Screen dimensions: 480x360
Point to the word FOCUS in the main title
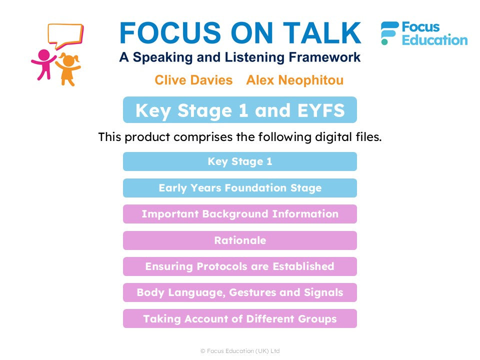[x=170, y=33]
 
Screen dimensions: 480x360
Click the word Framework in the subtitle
[x=324, y=57]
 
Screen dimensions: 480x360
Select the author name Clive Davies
[x=193, y=80]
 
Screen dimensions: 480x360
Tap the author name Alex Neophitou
[x=295, y=80]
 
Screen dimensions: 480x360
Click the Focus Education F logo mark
[x=389, y=33]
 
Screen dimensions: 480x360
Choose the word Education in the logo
[x=434, y=40]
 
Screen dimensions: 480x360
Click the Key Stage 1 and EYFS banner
[x=240, y=110]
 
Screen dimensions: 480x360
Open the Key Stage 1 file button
[x=240, y=161]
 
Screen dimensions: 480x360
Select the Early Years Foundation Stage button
[x=240, y=187]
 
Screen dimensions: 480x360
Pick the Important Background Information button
[x=240, y=214]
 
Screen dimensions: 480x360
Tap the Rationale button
[x=240, y=240]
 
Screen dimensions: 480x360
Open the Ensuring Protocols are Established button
[x=240, y=266]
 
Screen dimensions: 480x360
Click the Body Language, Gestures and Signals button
[x=240, y=292]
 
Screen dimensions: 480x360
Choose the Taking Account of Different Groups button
[x=240, y=318]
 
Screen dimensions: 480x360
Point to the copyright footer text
[x=240, y=351]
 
